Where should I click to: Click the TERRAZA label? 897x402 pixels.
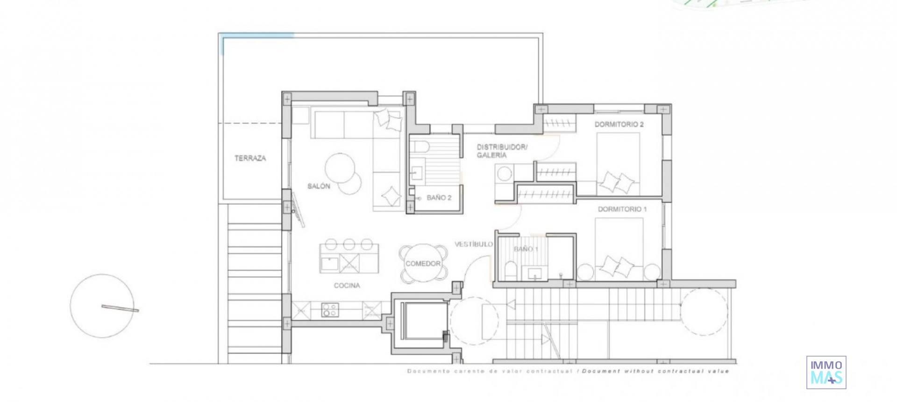(250, 158)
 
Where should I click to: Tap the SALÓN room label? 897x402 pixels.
(319, 186)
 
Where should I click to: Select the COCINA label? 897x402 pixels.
(347, 286)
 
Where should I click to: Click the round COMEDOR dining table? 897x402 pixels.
(423, 264)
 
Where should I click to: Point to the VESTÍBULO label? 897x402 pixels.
(474, 244)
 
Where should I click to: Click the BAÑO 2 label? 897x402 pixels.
(439, 198)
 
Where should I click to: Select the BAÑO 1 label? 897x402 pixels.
(526, 249)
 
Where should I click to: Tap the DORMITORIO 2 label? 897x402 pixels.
(619, 124)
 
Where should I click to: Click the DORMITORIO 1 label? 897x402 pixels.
(622, 209)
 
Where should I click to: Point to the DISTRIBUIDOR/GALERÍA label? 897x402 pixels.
(501, 151)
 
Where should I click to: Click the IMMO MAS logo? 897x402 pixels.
(826, 372)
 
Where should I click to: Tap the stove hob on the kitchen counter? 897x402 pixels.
(330, 310)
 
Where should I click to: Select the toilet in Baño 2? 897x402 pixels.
(420, 146)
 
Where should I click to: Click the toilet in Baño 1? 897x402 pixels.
(510, 271)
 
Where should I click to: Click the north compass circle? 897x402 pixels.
(102, 306)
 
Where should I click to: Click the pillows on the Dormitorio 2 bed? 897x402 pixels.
(617, 182)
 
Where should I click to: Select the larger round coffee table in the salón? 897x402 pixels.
(340, 168)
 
